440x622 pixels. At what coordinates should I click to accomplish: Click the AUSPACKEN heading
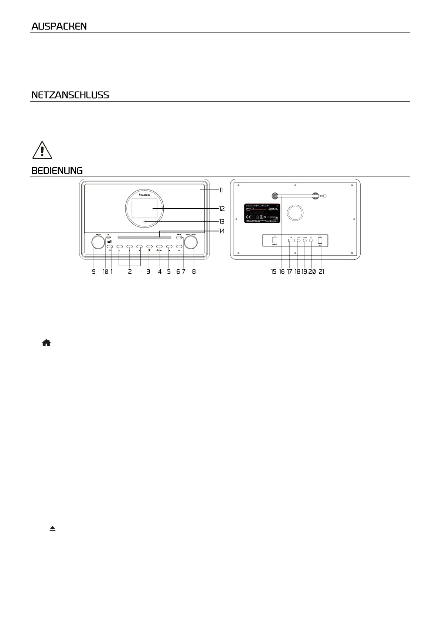tap(59, 26)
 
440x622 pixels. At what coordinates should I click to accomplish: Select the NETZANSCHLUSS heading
tap(70, 95)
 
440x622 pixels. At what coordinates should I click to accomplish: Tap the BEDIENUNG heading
tap(57, 171)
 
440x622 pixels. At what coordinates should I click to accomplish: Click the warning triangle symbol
tap(42, 150)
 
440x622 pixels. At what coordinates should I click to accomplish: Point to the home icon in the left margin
tap(46, 343)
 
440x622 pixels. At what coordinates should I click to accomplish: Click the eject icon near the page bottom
tap(53, 529)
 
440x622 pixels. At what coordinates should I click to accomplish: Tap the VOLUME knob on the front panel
tap(98, 243)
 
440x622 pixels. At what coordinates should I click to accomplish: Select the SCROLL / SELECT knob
tap(191, 243)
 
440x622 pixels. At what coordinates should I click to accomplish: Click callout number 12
tap(222, 209)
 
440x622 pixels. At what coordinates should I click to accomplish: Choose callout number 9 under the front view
tap(94, 271)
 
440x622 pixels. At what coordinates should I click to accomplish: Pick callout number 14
tap(222, 231)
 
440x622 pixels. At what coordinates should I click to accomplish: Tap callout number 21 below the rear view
tap(321, 271)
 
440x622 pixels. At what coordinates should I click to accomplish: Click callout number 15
tap(273, 271)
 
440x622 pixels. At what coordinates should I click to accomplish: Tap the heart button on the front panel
tap(149, 246)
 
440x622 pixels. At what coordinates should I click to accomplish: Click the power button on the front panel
tap(110, 246)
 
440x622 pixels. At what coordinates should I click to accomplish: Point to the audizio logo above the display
tap(144, 194)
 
